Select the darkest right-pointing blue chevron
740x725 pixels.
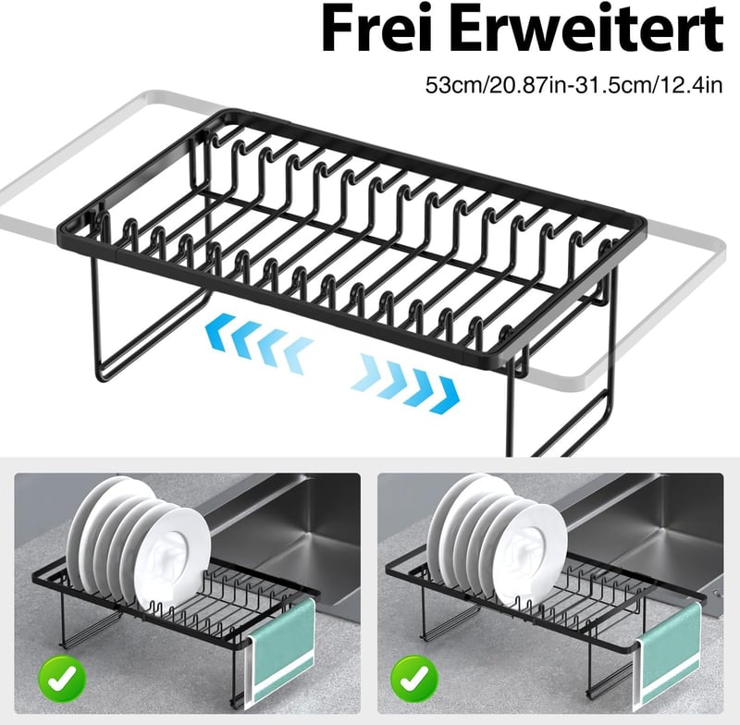(x=446, y=395)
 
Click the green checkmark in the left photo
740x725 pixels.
(x=62, y=678)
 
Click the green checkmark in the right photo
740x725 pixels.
(x=415, y=678)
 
